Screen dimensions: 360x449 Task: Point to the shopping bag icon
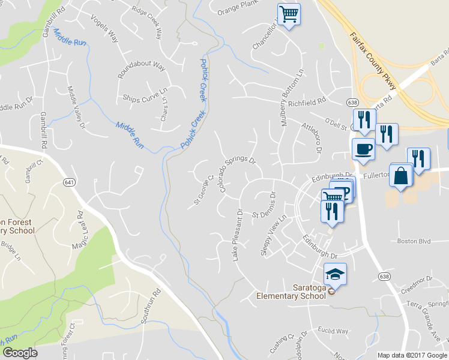tap(402, 175)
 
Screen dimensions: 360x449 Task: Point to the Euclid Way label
tap(333, 331)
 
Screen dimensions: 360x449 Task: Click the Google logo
tap(20, 353)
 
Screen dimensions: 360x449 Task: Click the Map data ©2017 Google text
tap(412, 355)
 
